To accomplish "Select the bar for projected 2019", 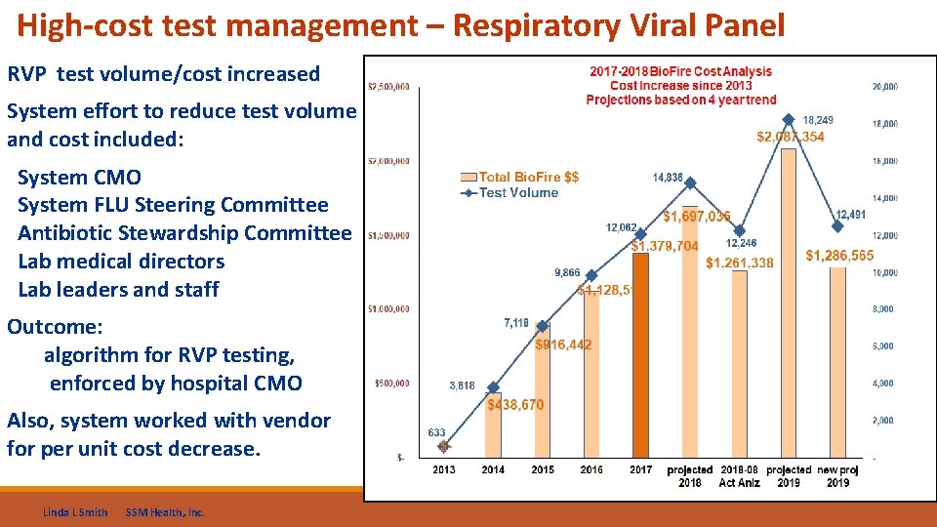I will click(789, 303).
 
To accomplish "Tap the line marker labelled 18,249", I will click(789, 120).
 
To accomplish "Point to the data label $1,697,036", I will click(696, 217).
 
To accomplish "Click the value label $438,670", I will click(515, 405).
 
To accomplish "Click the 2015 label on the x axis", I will click(542, 469).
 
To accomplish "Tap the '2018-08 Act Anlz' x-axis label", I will click(739, 475).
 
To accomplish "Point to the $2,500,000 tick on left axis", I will click(387, 86).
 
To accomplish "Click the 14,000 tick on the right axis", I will click(883, 198).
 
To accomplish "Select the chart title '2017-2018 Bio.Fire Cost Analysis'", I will click(680, 71).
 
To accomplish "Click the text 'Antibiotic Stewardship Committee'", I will click(183, 233).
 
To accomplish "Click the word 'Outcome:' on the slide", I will click(55, 327).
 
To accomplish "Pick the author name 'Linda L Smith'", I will click(76, 512).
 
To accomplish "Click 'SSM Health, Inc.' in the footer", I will click(165, 512).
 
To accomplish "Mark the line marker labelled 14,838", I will click(690, 182).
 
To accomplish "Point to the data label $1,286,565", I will click(839, 256).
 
